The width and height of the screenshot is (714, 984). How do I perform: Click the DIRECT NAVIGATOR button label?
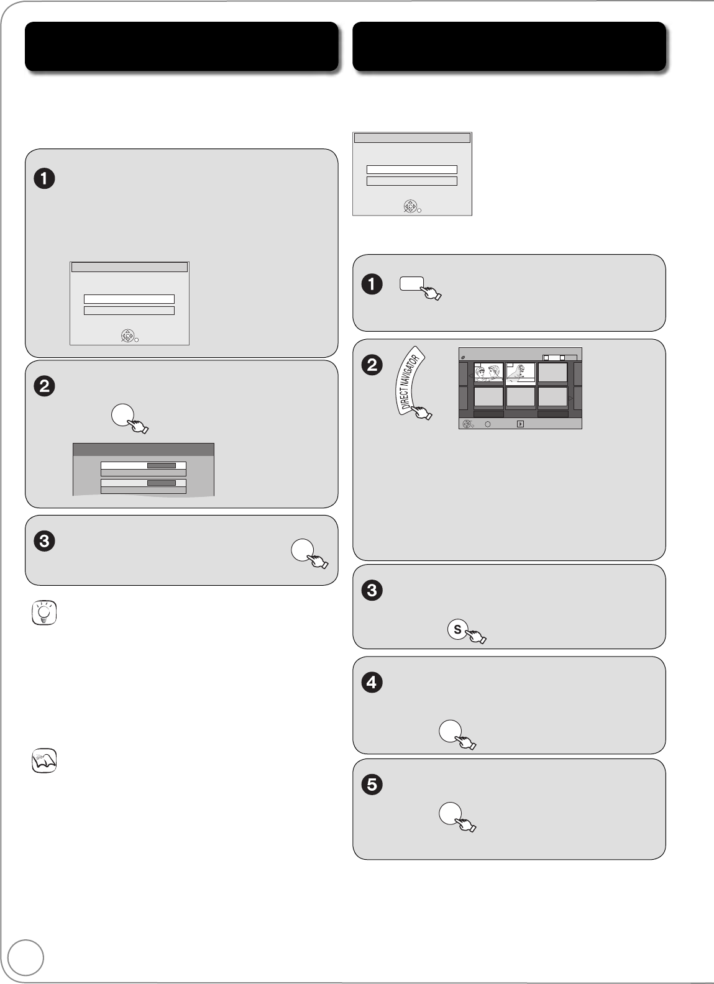(x=409, y=381)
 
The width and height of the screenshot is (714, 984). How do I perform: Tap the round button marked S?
(x=457, y=629)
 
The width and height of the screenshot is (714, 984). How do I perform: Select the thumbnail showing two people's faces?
(x=488, y=373)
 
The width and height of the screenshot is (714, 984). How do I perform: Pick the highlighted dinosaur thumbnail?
(x=521, y=373)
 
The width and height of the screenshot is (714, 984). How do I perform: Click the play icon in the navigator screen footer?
(x=520, y=424)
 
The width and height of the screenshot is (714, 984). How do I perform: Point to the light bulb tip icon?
(x=44, y=613)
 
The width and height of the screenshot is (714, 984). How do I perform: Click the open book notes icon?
(x=44, y=761)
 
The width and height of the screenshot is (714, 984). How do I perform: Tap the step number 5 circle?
(x=372, y=785)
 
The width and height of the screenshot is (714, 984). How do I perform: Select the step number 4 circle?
(x=372, y=682)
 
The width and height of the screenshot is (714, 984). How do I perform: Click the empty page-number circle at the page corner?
(x=26, y=957)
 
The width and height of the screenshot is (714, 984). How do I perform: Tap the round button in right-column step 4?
(x=451, y=731)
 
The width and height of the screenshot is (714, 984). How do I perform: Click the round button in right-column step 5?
(x=451, y=813)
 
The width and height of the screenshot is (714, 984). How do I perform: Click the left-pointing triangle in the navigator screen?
(x=470, y=376)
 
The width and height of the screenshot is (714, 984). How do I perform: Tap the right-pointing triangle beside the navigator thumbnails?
(x=570, y=398)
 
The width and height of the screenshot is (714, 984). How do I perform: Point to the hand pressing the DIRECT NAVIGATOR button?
(x=422, y=412)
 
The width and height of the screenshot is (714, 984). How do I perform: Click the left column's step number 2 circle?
(x=44, y=386)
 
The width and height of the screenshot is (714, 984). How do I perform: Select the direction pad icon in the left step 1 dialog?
(x=127, y=336)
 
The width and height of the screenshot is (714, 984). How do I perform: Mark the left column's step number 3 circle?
(x=44, y=540)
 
